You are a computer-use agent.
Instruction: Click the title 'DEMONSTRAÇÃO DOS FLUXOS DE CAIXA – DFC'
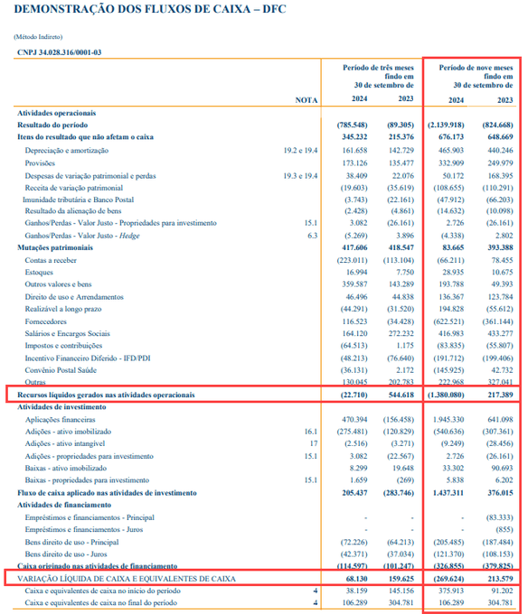pyautogui.click(x=150, y=9)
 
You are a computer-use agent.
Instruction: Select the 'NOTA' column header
pyautogui.click(x=306, y=100)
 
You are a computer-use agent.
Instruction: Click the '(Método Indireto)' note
pyautogui.click(x=38, y=37)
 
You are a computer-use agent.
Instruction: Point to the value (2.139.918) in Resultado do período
pyautogui.click(x=446, y=125)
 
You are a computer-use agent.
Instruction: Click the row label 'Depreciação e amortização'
pyautogui.click(x=67, y=151)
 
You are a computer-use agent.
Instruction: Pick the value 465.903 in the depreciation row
pyautogui.click(x=451, y=151)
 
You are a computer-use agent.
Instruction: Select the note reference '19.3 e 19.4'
pyautogui.click(x=300, y=176)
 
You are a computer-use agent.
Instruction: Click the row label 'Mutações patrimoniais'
pyautogui.click(x=55, y=248)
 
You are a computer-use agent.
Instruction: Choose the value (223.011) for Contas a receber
pyautogui.click(x=352, y=260)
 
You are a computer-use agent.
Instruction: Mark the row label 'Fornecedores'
pyautogui.click(x=45, y=321)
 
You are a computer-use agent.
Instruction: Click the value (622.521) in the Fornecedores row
pyautogui.click(x=448, y=321)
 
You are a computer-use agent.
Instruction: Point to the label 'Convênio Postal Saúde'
pyautogui.click(x=61, y=370)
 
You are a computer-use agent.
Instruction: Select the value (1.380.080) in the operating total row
pyautogui.click(x=446, y=395)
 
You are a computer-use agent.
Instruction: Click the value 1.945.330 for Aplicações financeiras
pyautogui.click(x=448, y=419)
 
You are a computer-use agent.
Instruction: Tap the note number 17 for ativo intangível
pyautogui.click(x=314, y=443)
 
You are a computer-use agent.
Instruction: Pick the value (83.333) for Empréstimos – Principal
pyautogui.click(x=499, y=517)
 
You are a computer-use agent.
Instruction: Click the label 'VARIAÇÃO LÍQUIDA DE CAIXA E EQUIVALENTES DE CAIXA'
pyautogui.click(x=127, y=579)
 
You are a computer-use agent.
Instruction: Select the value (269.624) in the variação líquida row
pyautogui.click(x=448, y=579)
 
